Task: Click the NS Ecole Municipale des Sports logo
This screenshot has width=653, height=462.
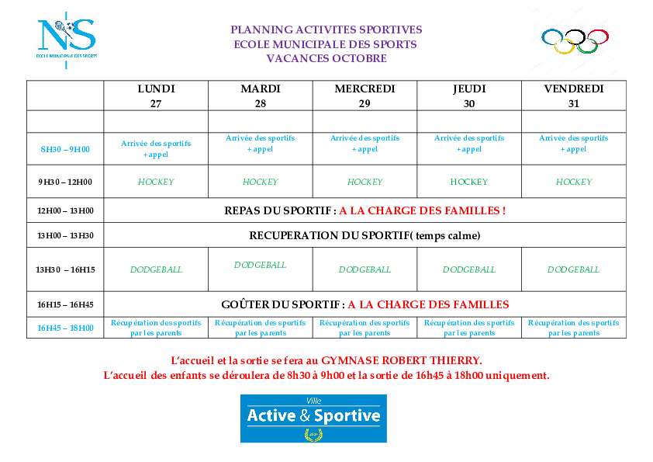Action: click(67, 40)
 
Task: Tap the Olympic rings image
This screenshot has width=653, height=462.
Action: click(575, 41)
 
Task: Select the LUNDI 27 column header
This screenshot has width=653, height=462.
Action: click(156, 96)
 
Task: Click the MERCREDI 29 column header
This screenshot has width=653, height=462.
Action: click(365, 96)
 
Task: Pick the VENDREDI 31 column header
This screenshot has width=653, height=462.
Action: click(574, 96)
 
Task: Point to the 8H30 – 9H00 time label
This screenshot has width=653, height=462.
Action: click(65, 149)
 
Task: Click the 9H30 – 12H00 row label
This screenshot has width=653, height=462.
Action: click(65, 182)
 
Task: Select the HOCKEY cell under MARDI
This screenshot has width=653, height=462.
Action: click(261, 182)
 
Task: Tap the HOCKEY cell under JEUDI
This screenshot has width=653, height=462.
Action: click(469, 182)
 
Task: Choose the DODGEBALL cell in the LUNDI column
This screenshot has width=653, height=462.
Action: click(156, 269)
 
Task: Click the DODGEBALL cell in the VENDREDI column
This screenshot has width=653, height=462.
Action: click(573, 269)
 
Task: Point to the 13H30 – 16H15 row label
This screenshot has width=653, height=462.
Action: click(65, 269)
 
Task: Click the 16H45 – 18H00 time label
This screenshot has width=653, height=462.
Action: click(65, 328)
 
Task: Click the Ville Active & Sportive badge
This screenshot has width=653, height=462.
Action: click(313, 419)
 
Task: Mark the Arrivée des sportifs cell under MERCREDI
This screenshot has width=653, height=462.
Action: click(365, 144)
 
